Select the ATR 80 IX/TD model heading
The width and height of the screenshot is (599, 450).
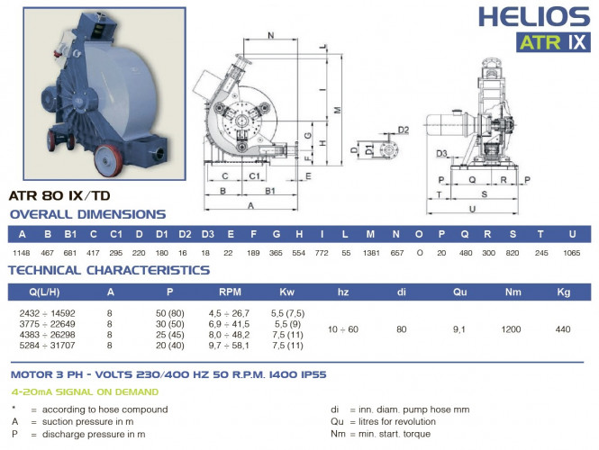pos(59,193)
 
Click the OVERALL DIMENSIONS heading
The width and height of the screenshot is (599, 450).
pos(87,214)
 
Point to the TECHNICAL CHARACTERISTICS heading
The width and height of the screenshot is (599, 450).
pos(109,269)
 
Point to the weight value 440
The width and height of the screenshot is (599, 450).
pos(564,329)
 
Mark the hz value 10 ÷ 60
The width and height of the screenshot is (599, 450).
pos(343,329)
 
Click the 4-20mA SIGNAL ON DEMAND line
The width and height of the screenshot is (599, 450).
pos(85,391)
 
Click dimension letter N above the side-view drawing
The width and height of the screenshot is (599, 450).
pos(271,35)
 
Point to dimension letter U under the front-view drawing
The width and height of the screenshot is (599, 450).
pos(473,209)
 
